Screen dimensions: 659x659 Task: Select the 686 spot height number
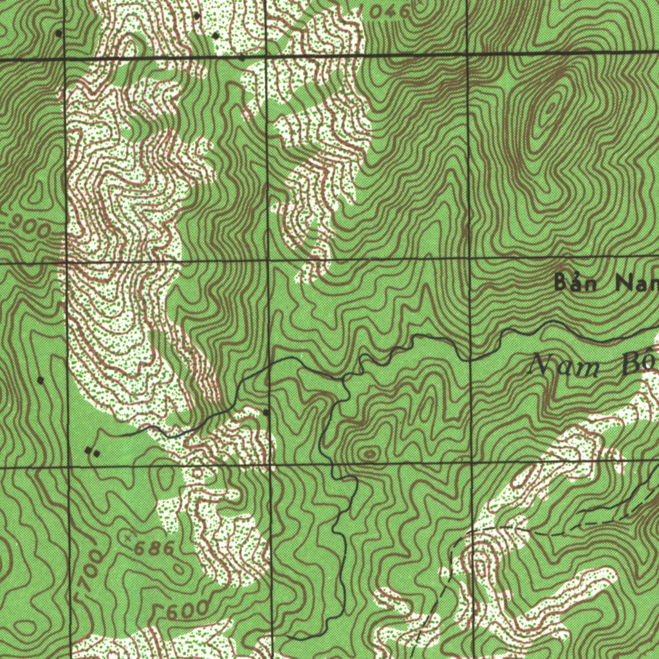pos(155,548)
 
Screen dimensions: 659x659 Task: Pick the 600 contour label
pos(185,608)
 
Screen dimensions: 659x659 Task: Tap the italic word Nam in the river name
pos(562,367)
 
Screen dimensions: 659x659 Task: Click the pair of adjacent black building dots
pos(93,452)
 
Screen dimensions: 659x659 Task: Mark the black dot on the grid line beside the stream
pos(266,411)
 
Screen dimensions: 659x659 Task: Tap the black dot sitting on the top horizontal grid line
pos(241,57)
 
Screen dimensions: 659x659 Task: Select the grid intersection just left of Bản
pos(470,259)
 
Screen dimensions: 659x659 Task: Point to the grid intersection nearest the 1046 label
pos(466,53)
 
